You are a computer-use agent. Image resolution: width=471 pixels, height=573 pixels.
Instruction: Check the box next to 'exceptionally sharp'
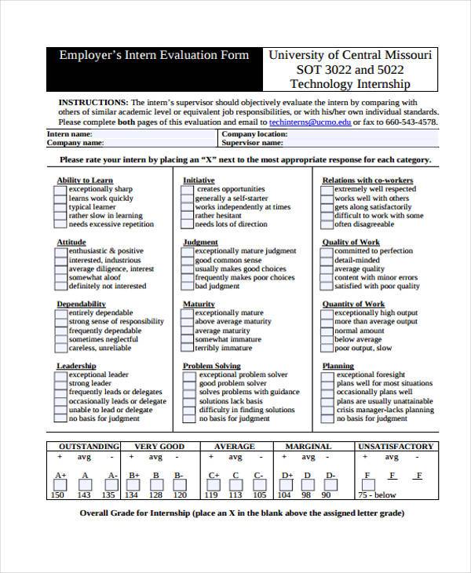tap(60, 189)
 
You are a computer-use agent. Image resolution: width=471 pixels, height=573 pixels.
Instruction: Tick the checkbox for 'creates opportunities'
tap(188, 189)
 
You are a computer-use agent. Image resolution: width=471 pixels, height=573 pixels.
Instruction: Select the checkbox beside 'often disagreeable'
tap(327, 224)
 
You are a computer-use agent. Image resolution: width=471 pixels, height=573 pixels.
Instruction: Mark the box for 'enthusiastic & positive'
tap(60, 251)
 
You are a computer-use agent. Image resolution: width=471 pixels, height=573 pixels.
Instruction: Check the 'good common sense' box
tap(188, 261)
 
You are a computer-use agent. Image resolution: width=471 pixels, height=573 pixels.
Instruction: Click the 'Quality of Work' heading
tap(351, 243)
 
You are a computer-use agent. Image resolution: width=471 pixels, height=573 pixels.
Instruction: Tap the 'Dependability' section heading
tap(81, 304)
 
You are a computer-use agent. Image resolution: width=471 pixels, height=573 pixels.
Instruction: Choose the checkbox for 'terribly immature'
tap(188, 348)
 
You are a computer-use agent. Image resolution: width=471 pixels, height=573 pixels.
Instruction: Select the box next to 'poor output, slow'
tap(327, 348)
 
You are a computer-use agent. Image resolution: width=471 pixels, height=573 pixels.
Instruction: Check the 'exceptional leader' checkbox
tap(60, 375)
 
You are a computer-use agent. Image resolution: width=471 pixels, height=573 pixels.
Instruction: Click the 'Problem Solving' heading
tap(211, 366)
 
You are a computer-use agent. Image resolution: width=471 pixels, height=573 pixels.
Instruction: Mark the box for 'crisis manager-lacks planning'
tap(327, 411)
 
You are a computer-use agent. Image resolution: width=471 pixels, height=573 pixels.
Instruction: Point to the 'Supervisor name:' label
tap(252, 144)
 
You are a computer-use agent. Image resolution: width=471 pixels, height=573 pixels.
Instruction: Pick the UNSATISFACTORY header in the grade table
tap(396, 447)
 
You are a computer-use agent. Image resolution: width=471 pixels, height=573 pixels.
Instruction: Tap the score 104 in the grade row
tap(284, 495)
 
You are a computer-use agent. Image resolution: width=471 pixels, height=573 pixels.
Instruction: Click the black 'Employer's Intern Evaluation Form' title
tap(154, 56)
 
